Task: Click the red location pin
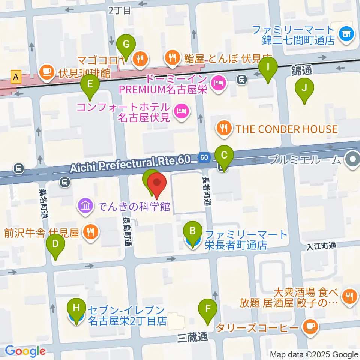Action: click(x=157, y=184)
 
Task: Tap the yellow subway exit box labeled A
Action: click(x=16, y=77)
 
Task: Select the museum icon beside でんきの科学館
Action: click(x=85, y=205)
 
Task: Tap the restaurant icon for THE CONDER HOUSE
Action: click(x=224, y=129)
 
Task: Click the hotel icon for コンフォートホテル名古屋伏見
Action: click(x=181, y=111)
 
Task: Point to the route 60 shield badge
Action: click(x=204, y=158)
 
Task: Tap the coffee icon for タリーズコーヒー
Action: click(x=310, y=326)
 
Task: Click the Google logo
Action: click(x=25, y=351)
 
